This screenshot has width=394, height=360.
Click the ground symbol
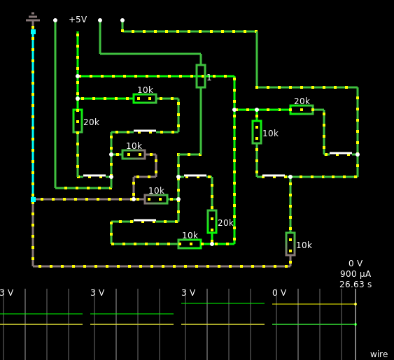(x=33, y=17)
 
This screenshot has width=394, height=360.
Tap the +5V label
(x=78, y=20)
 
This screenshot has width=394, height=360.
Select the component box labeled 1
(x=201, y=76)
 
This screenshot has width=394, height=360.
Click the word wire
(x=379, y=354)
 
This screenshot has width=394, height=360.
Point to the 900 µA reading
(x=356, y=274)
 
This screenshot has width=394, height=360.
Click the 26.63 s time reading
(x=356, y=285)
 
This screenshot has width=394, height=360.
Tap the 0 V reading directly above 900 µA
(x=356, y=264)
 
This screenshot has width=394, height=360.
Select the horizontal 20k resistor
(x=302, y=110)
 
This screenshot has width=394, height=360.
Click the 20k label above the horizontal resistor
(x=302, y=101)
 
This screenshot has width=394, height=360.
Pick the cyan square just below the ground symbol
(x=33, y=32)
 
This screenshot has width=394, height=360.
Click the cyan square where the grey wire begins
(x=33, y=200)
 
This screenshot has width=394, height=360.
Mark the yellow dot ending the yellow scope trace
(x=356, y=304)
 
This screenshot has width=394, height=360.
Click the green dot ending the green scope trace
(x=356, y=324)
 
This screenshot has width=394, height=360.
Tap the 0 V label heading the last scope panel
(x=279, y=293)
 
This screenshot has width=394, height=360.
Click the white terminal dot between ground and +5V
(x=55, y=20)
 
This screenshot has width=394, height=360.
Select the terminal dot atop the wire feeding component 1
(x=100, y=20)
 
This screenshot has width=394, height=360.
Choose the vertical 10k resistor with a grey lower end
(x=290, y=244)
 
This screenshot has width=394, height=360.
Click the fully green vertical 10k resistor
(x=257, y=132)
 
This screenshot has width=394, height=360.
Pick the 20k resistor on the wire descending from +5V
(x=78, y=121)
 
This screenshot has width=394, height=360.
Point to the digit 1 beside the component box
(x=209, y=78)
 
